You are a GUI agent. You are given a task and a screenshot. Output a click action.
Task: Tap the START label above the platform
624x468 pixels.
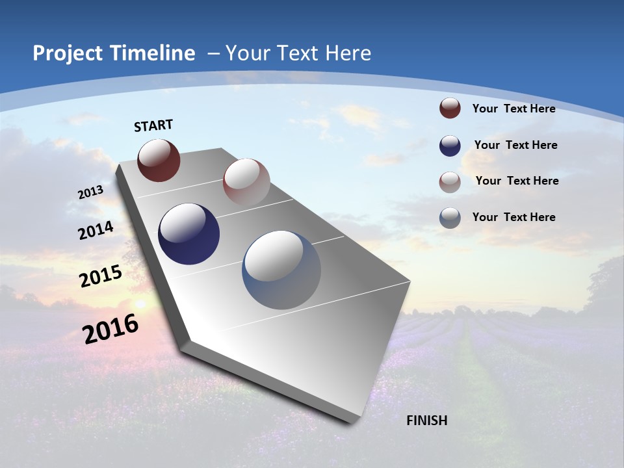[x=153, y=125]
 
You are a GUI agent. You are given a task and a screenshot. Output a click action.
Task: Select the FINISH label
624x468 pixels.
[x=427, y=421]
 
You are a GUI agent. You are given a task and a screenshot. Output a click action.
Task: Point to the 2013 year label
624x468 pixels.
[x=91, y=192]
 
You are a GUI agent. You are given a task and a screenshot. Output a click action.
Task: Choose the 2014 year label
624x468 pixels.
[x=96, y=230]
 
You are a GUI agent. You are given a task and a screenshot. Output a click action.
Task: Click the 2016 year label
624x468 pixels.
[x=110, y=329]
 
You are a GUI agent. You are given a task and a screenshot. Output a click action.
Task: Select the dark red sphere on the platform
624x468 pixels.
[x=159, y=160]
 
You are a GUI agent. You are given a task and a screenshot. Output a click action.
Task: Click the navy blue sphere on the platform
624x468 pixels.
[x=189, y=234]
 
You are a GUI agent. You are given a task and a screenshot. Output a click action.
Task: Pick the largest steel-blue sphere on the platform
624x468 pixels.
[x=281, y=270]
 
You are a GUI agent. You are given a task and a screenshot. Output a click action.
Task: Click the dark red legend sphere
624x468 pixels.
[x=450, y=108]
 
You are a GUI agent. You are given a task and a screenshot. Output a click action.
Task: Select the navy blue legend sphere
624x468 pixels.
[x=450, y=146]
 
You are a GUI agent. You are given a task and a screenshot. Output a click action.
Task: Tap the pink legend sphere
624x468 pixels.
[x=450, y=182]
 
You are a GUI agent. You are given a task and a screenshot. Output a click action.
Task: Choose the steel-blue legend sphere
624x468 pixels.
[x=450, y=218]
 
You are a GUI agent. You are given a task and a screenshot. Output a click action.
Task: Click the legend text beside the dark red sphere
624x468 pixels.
[x=513, y=109]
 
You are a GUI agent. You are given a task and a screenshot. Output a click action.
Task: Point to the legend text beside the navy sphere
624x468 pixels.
[x=515, y=145]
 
